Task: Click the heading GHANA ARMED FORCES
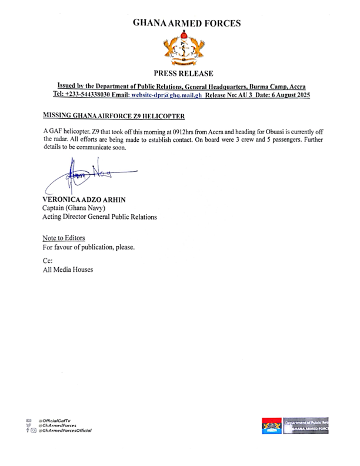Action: click(x=186, y=24)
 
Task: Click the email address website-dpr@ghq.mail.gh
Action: click(x=166, y=94)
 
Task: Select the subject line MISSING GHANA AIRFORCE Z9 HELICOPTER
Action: click(x=114, y=115)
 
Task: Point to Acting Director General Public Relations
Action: click(x=99, y=217)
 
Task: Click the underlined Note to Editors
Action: click(x=64, y=238)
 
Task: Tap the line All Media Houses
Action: click(x=67, y=269)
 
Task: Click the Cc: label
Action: click(x=48, y=260)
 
